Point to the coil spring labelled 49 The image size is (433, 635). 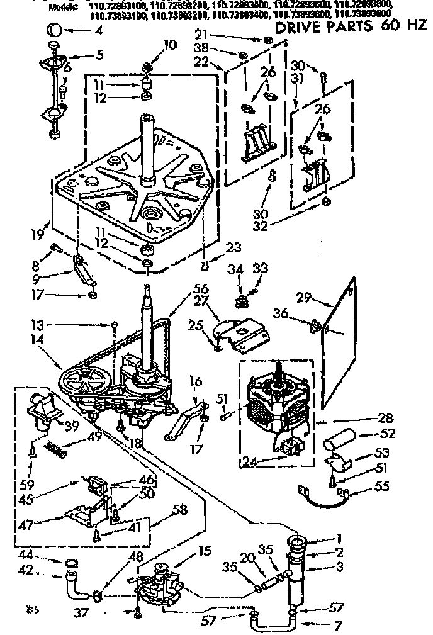57,449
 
